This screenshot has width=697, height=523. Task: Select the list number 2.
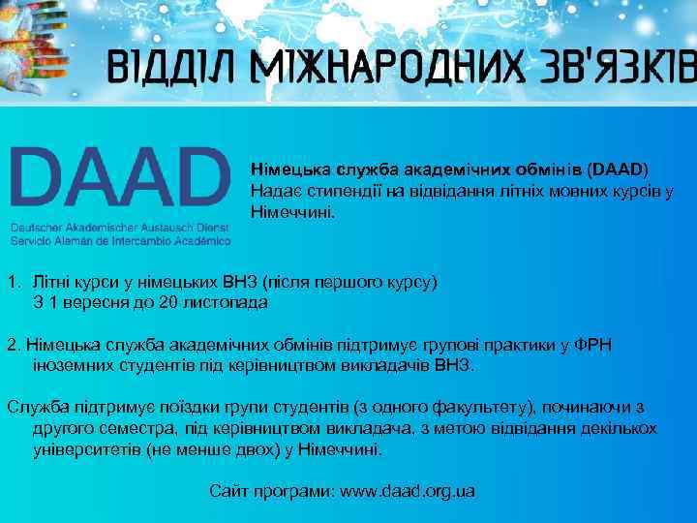[12, 345]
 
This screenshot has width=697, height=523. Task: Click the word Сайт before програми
[228, 491]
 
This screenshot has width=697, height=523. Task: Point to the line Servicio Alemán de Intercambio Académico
[120, 238]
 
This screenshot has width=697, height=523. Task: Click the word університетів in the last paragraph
[83, 450]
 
